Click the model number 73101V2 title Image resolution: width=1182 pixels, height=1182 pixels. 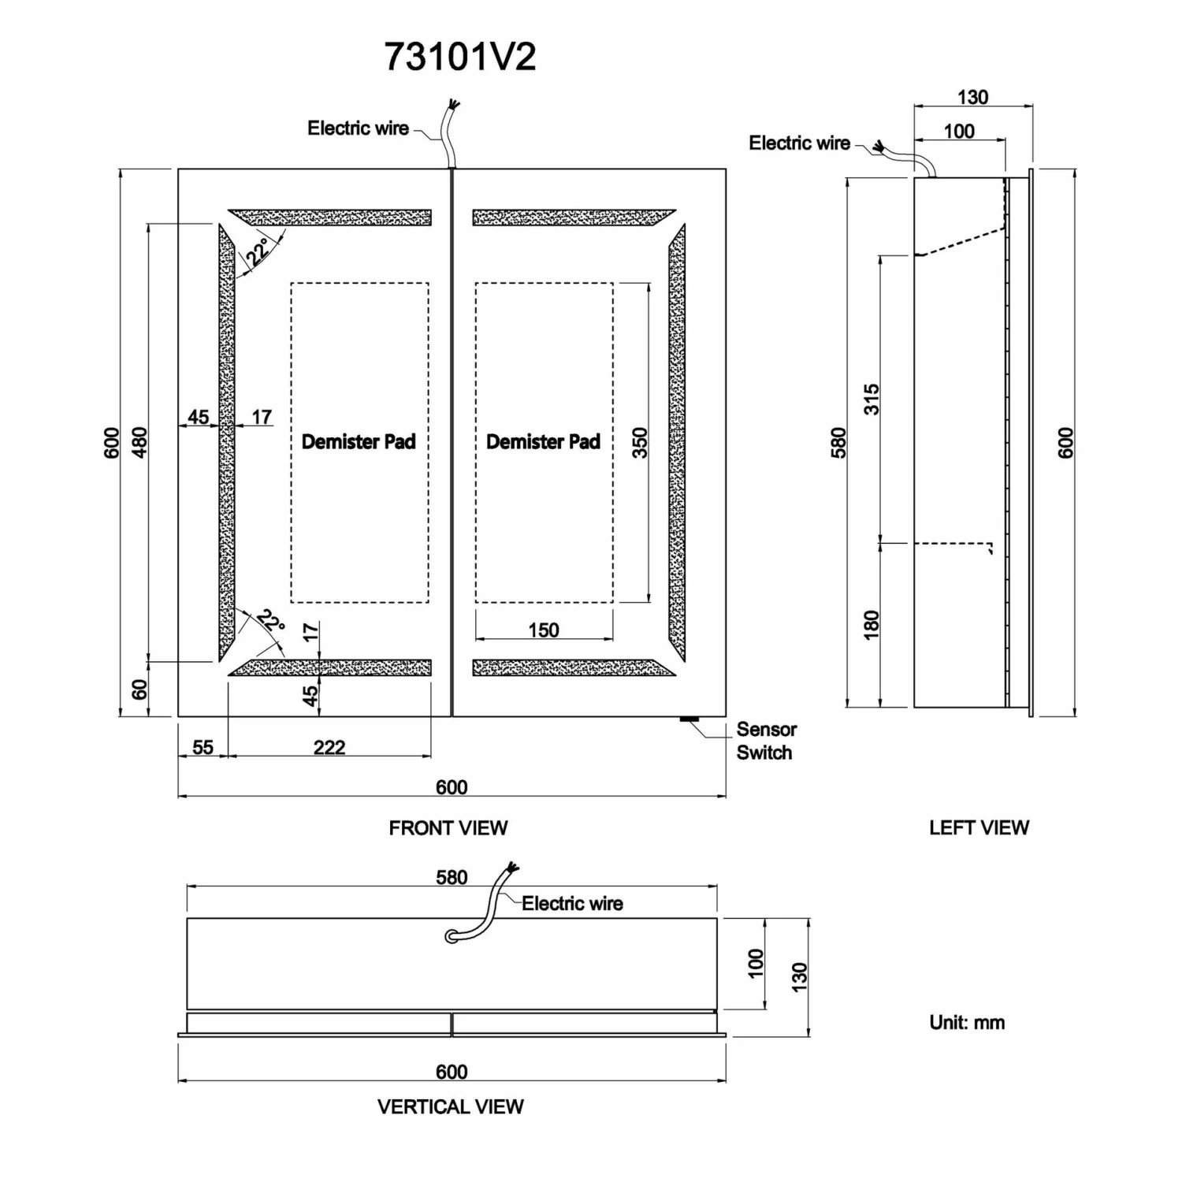[x=460, y=58]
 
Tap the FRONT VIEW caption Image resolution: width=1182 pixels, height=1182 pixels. [x=448, y=828]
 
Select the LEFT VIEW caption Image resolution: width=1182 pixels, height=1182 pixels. [x=979, y=828]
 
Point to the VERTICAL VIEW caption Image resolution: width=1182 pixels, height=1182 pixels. [x=450, y=1107]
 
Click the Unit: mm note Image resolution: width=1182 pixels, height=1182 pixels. [x=967, y=1023]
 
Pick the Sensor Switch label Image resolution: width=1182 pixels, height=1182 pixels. [x=765, y=741]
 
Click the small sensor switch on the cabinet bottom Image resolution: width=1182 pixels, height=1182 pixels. [x=689, y=719]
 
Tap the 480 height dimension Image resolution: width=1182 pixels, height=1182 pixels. [x=139, y=443]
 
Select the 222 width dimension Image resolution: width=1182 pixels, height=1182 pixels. [x=329, y=747]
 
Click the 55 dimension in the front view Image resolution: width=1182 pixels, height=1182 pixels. [x=203, y=747]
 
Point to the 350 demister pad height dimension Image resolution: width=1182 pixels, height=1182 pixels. [x=640, y=443]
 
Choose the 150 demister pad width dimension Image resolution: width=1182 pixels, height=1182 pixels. [x=544, y=630]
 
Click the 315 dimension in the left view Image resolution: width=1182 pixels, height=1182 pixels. [x=871, y=400]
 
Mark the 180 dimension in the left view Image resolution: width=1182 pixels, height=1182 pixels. [x=871, y=625]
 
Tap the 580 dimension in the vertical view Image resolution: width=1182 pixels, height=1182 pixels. [x=452, y=878]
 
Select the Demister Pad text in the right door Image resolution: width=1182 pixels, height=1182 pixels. [x=543, y=442]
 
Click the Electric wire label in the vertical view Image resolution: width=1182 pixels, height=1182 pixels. [x=572, y=904]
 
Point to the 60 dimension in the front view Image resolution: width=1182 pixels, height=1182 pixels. [x=139, y=689]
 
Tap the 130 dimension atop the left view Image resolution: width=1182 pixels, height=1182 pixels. [x=972, y=97]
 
